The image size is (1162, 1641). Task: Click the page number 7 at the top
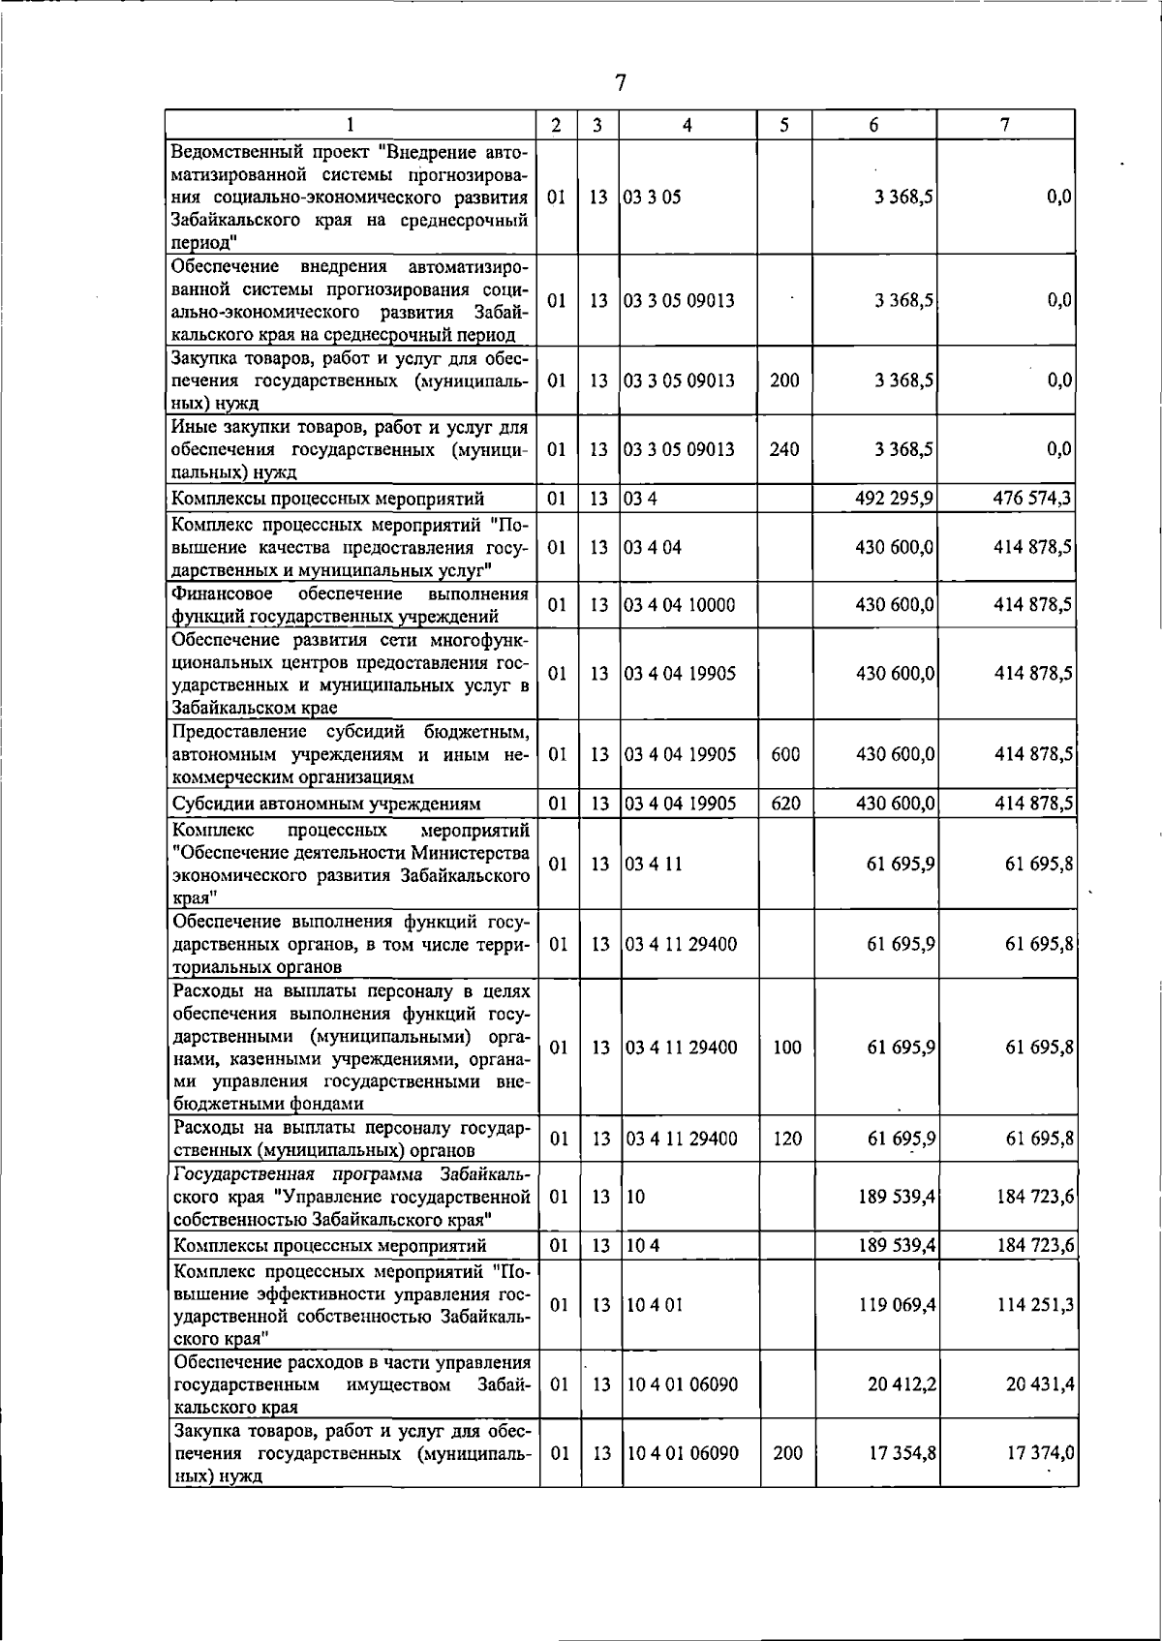tap(621, 83)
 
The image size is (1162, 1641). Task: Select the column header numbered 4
tap(687, 126)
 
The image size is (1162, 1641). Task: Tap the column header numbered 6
tap(873, 126)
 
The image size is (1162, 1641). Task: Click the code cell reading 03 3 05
tap(653, 197)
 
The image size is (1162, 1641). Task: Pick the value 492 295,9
tap(894, 498)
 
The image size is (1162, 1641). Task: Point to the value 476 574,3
tap(1032, 498)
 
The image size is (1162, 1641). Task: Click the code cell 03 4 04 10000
tap(680, 605)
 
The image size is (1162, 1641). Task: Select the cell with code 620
tap(784, 803)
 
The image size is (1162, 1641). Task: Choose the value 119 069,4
tap(897, 1304)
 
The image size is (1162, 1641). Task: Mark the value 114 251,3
tap(1035, 1304)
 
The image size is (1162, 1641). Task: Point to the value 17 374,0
tap(1040, 1453)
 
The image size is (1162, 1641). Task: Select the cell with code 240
tap(784, 449)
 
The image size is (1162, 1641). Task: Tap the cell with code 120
tap(787, 1139)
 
